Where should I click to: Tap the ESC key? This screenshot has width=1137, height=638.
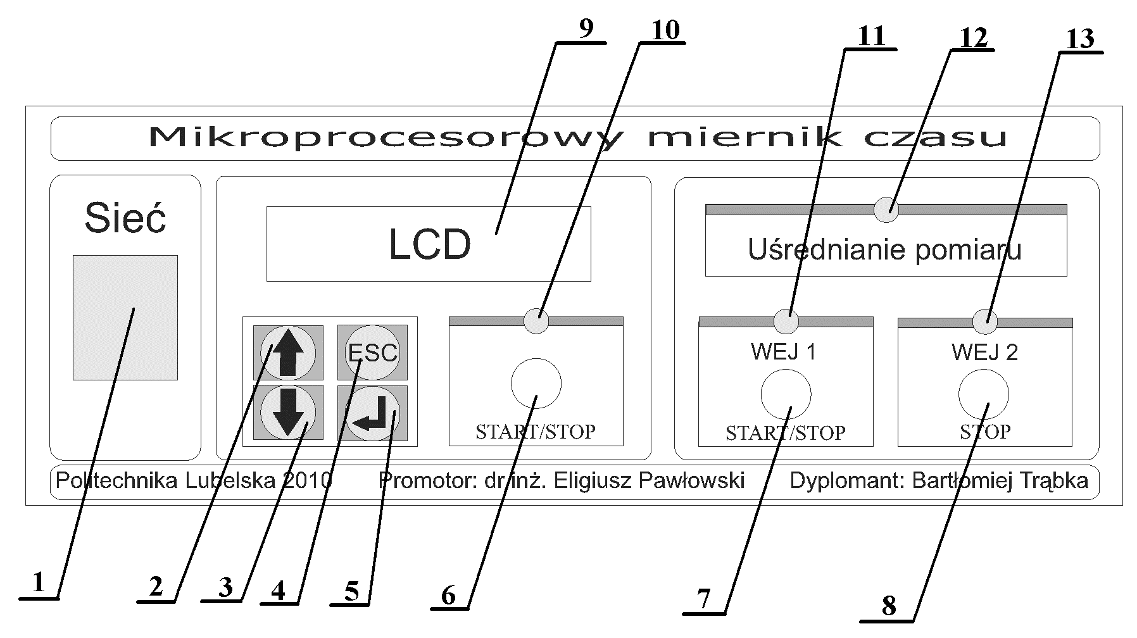pyautogui.click(x=372, y=353)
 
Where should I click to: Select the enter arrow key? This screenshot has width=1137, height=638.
pyautogui.click(x=372, y=413)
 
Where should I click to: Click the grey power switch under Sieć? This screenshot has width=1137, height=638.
pyautogui.click(x=125, y=317)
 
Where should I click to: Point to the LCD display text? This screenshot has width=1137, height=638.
pyautogui.click(x=429, y=244)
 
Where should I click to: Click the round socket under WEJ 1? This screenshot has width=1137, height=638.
pyautogui.click(x=785, y=394)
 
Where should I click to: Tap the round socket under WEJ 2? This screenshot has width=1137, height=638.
pyautogui.click(x=983, y=394)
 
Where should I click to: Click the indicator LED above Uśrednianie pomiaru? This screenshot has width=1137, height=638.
pyautogui.click(x=886, y=210)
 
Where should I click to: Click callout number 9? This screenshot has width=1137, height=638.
pyautogui.click(x=586, y=29)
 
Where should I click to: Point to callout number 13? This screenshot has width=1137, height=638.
pyautogui.click(x=1080, y=39)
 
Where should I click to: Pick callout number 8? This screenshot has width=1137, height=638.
pyautogui.click(x=888, y=606)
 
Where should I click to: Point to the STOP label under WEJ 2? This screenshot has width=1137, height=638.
pyautogui.click(x=984, y=432)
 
